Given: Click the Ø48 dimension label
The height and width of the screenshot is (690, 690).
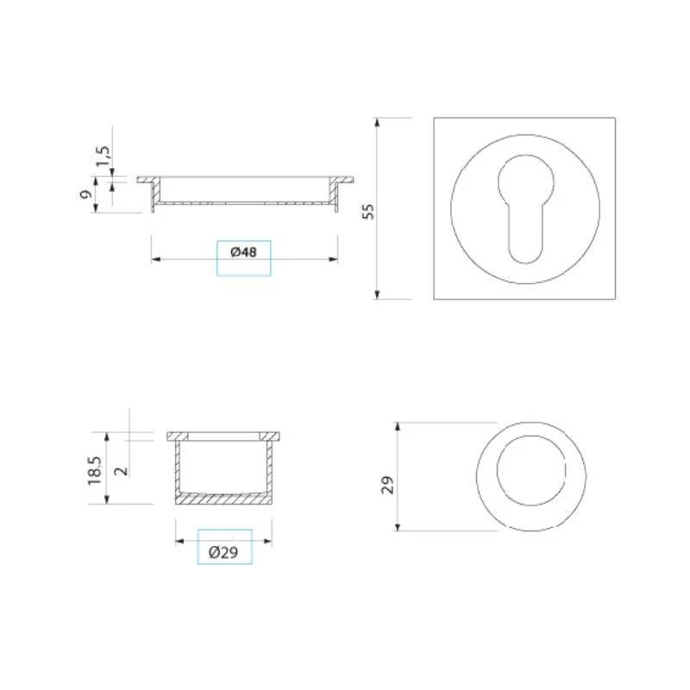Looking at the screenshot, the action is (x=243, y=252).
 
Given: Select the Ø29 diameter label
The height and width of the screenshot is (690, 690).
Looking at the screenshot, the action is (x=223, y=552).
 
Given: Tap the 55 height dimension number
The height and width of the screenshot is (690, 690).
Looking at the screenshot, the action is (x=368, y=211).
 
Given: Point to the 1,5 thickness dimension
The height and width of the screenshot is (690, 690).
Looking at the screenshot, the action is (x=103, y=156).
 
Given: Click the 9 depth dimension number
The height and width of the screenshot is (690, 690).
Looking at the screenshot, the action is (x=85, y=193).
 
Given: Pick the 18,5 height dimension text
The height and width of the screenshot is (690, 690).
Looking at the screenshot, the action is (x=95, y=470).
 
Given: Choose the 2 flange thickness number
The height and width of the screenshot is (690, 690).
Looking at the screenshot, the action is (x=122, y=470).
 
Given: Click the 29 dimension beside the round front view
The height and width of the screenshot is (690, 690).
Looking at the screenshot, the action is (x=387, y=485).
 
